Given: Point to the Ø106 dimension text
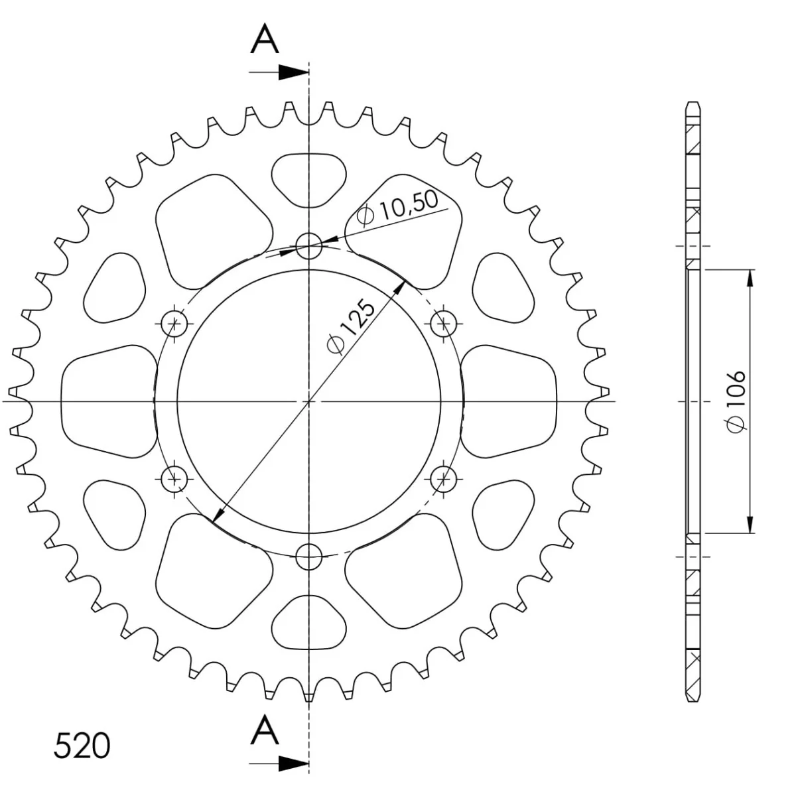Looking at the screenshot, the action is [x=736, y=401].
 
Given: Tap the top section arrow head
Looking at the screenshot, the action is [x=294, y=72].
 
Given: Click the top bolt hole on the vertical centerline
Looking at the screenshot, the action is [x=308, y=246].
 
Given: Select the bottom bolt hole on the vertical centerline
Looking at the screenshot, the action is [x=308, y=557].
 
